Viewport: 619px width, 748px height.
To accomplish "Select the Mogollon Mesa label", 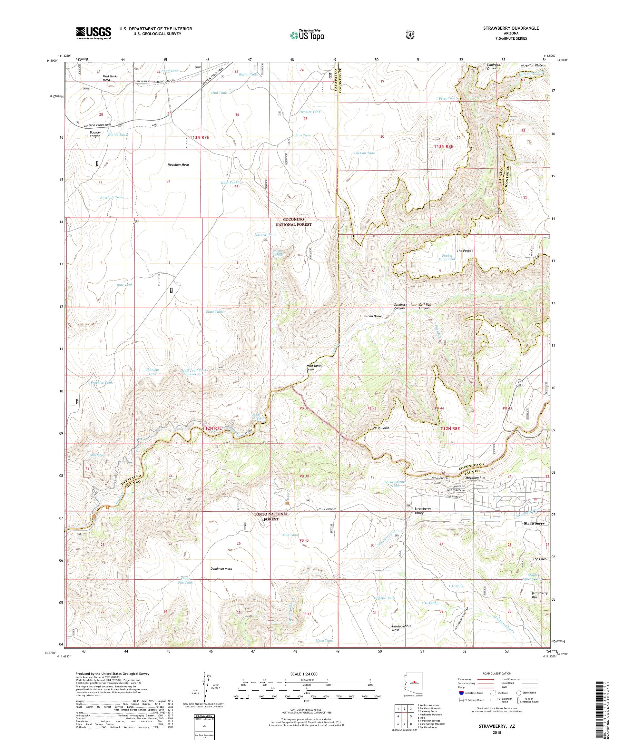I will pyautogui.click(x=178, y=165).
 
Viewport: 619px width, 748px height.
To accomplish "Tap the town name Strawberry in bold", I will pyautogui.click(x=534, y=523).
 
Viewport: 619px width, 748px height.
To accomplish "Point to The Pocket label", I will pyautogui.click(x=465, y=251).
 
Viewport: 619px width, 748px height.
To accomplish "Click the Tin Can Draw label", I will pyautogui.click(x=371, y=316).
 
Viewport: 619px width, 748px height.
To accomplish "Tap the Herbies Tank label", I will pyautogui.click(x=310, y=112).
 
